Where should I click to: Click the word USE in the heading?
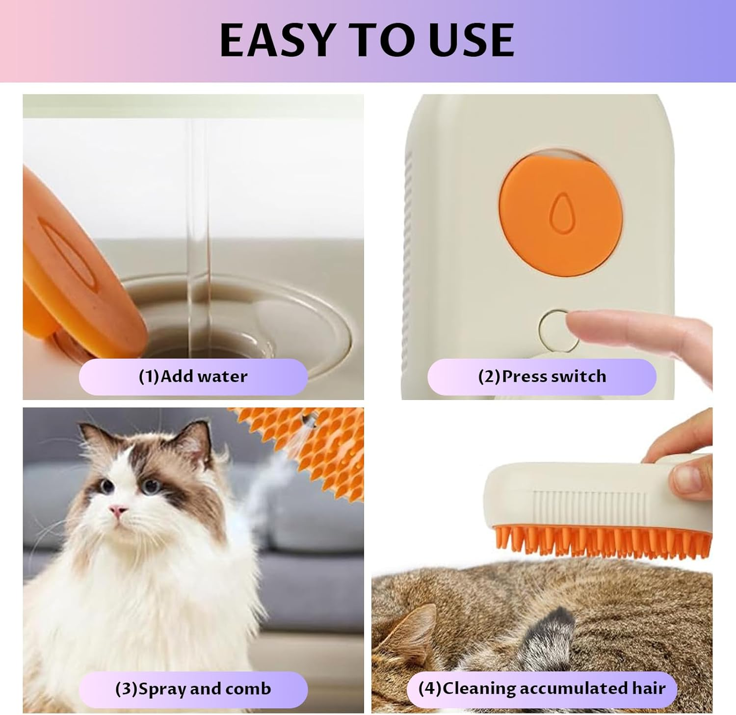click(471, 40)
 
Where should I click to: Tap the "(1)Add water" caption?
click(193, 376)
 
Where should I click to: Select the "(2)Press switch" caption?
click(542, 376)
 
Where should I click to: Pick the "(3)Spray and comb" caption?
click(193, 689)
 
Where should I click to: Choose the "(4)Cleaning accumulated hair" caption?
click(542, 688)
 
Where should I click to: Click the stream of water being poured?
click(199, 236)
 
